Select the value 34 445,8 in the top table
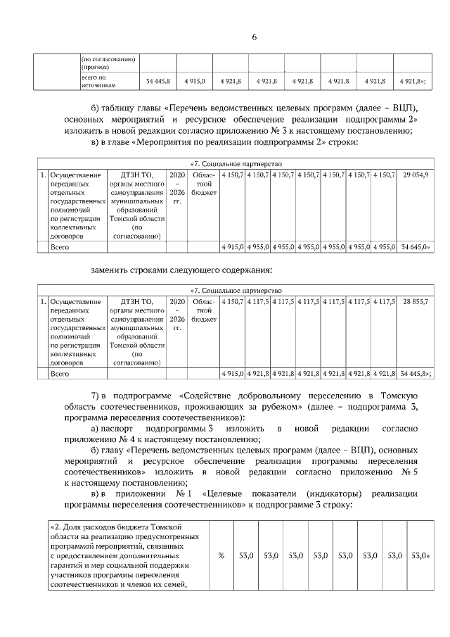pos(158,82)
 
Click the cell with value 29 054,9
pos(416,174)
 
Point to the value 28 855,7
pos(416,301)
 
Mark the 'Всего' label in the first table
pos(59,248)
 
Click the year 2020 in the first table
pos(176,174)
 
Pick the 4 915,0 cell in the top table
pos(195,82)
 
